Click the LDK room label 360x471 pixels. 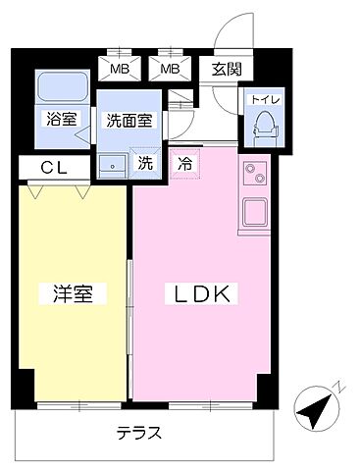click(204, 292)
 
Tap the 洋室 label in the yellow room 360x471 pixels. click(72, 293)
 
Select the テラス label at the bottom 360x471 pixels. click(138, 433)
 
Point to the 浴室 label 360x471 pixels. click(62, 119)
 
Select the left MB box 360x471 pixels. click(119, 70)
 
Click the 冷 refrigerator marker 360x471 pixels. click(183, 164)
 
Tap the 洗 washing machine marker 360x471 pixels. click(144, 164)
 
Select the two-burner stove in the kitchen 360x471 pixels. click(253, 178)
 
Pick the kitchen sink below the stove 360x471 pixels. click(253, 212)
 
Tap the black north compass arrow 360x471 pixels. click(311, 408)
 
